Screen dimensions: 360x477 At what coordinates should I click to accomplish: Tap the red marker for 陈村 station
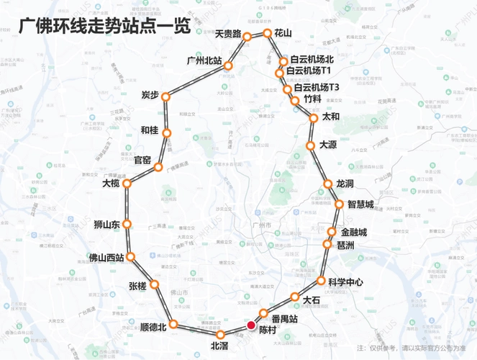(x=251, y=325)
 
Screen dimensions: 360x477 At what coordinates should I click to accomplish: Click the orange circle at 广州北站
(x=228, y=66)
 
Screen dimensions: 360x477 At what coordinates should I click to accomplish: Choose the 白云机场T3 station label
(x=316, y=87)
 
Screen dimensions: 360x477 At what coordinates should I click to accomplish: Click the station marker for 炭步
(x=165, y=96)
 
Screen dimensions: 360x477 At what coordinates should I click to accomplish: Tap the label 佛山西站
(x=106, y=256)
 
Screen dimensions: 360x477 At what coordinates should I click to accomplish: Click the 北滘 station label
(x=219, y=346)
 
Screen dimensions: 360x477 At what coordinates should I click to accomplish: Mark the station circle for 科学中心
(x=322, y=280)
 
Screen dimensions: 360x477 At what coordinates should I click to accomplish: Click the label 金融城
(x=354, y=232)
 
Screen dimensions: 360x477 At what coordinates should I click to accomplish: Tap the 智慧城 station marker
(x=340, y=205)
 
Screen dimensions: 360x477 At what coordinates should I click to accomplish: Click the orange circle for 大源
(x=310, y=145)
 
